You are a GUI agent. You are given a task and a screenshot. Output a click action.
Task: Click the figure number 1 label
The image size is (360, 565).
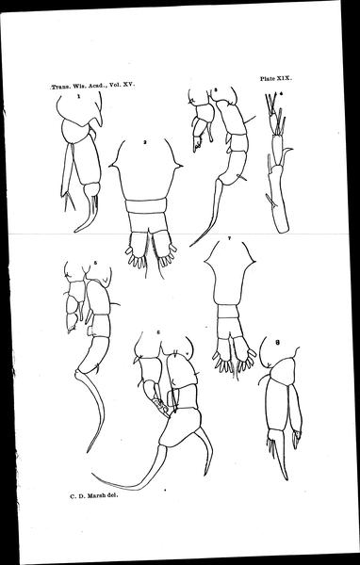[x=78, y=96]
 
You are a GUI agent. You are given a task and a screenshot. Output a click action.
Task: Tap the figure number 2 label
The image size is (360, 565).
[x=144, y=142]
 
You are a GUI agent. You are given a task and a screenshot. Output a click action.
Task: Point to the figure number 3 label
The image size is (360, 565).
[x=215, y=90]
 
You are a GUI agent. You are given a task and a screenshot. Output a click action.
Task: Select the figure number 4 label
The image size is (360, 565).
[x=281, y=93]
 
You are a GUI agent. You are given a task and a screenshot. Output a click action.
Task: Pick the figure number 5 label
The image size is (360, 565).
[x=94, y=263]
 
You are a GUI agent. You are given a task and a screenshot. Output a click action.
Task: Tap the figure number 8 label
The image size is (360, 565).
[x=277, y=343]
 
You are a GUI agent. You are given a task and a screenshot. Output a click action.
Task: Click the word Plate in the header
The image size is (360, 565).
[x=268, y=78]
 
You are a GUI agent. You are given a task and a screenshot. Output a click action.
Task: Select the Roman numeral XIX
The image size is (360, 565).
[x=285, y=78]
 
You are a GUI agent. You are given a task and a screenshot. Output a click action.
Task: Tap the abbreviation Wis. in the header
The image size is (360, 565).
[x=75, y=87]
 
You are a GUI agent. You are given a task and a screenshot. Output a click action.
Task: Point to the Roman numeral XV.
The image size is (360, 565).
[x=129, y=86]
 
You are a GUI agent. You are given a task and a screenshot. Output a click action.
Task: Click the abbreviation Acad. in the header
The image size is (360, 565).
[x=91, y=87]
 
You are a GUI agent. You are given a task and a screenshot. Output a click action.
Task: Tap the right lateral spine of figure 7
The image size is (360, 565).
[x=253, y=260]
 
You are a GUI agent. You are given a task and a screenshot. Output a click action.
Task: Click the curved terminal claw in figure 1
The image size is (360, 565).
[x=84, y=217]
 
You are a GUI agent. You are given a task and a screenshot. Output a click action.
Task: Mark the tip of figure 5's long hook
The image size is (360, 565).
[x=88, y=452]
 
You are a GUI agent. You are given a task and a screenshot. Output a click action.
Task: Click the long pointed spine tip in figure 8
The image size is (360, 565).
[x=286, y=479]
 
